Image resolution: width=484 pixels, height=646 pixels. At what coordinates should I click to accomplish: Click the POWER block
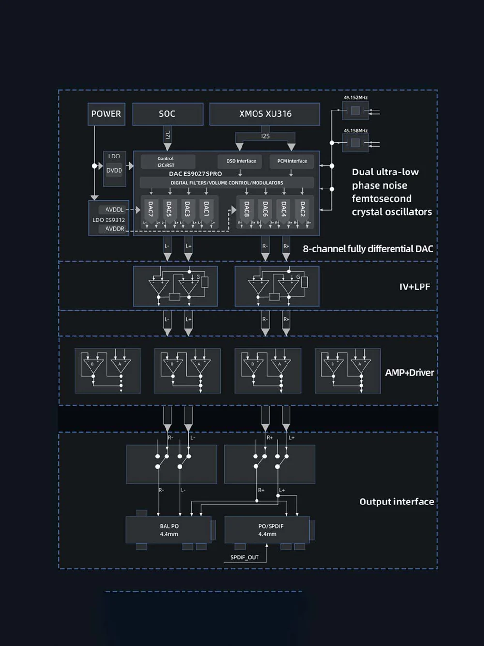[106, 114]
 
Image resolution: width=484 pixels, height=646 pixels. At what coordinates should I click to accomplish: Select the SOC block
[167, 114]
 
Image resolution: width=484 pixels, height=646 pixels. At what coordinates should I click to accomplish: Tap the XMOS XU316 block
[265, 114]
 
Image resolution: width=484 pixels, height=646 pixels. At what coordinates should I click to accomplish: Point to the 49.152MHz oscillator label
[356, 98]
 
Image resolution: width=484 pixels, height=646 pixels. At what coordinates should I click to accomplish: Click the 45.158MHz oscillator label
[356, 131]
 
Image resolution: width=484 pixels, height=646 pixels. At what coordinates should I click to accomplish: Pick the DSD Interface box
[241, 161]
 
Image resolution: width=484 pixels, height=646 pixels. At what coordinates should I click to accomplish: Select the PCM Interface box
[292, 161]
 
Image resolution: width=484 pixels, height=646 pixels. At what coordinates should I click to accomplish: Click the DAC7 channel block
[151, 209]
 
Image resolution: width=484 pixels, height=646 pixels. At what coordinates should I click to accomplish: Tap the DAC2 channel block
[302, 209]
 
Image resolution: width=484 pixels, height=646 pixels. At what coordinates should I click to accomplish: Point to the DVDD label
[114, 171]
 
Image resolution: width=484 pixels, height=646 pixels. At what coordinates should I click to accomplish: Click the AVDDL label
[115, 210]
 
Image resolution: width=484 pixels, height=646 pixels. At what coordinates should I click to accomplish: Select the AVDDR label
[115, 229]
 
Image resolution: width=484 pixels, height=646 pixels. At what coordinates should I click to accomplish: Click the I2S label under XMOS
[265, 136]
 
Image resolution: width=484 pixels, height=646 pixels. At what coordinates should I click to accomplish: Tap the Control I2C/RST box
[166, 162]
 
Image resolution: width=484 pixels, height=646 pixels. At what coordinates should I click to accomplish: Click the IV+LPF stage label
[414, 286]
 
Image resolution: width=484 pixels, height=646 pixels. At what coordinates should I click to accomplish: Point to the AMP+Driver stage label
[409, 372]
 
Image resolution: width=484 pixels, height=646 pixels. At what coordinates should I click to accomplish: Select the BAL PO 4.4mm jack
[169, 530]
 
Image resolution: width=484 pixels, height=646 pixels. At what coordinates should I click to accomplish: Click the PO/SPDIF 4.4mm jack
[267, 530]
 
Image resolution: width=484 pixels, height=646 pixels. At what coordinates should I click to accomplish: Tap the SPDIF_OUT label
[244, 557]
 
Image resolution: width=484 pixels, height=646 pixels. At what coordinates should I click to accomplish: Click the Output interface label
[396, 502]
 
